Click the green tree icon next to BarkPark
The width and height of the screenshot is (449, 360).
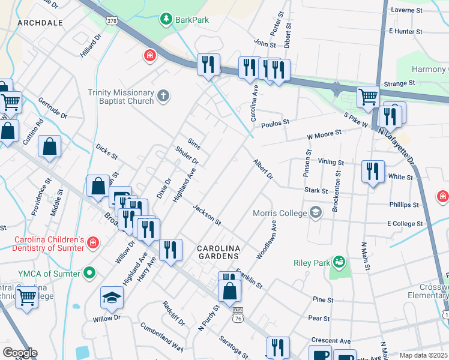(166, 20)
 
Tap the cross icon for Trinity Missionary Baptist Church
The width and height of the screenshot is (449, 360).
(163, 96)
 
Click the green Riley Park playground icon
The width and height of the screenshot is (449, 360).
(339, 262)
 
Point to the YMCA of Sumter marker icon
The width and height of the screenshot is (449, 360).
(89, 274)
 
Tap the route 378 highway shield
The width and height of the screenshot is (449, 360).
(112, 20)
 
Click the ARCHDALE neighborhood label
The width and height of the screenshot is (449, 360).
(40, 22)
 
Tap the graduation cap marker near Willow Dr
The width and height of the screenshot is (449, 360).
(112, 298)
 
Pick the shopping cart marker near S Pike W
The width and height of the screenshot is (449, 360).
(368, 96)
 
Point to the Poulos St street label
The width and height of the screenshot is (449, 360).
(276, 122)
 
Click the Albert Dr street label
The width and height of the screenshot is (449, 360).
(263, 169)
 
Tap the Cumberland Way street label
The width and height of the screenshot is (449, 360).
(161, 337)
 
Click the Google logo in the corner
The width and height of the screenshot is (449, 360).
(19, 352)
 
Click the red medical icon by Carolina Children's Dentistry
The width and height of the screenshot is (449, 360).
(93, 242)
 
